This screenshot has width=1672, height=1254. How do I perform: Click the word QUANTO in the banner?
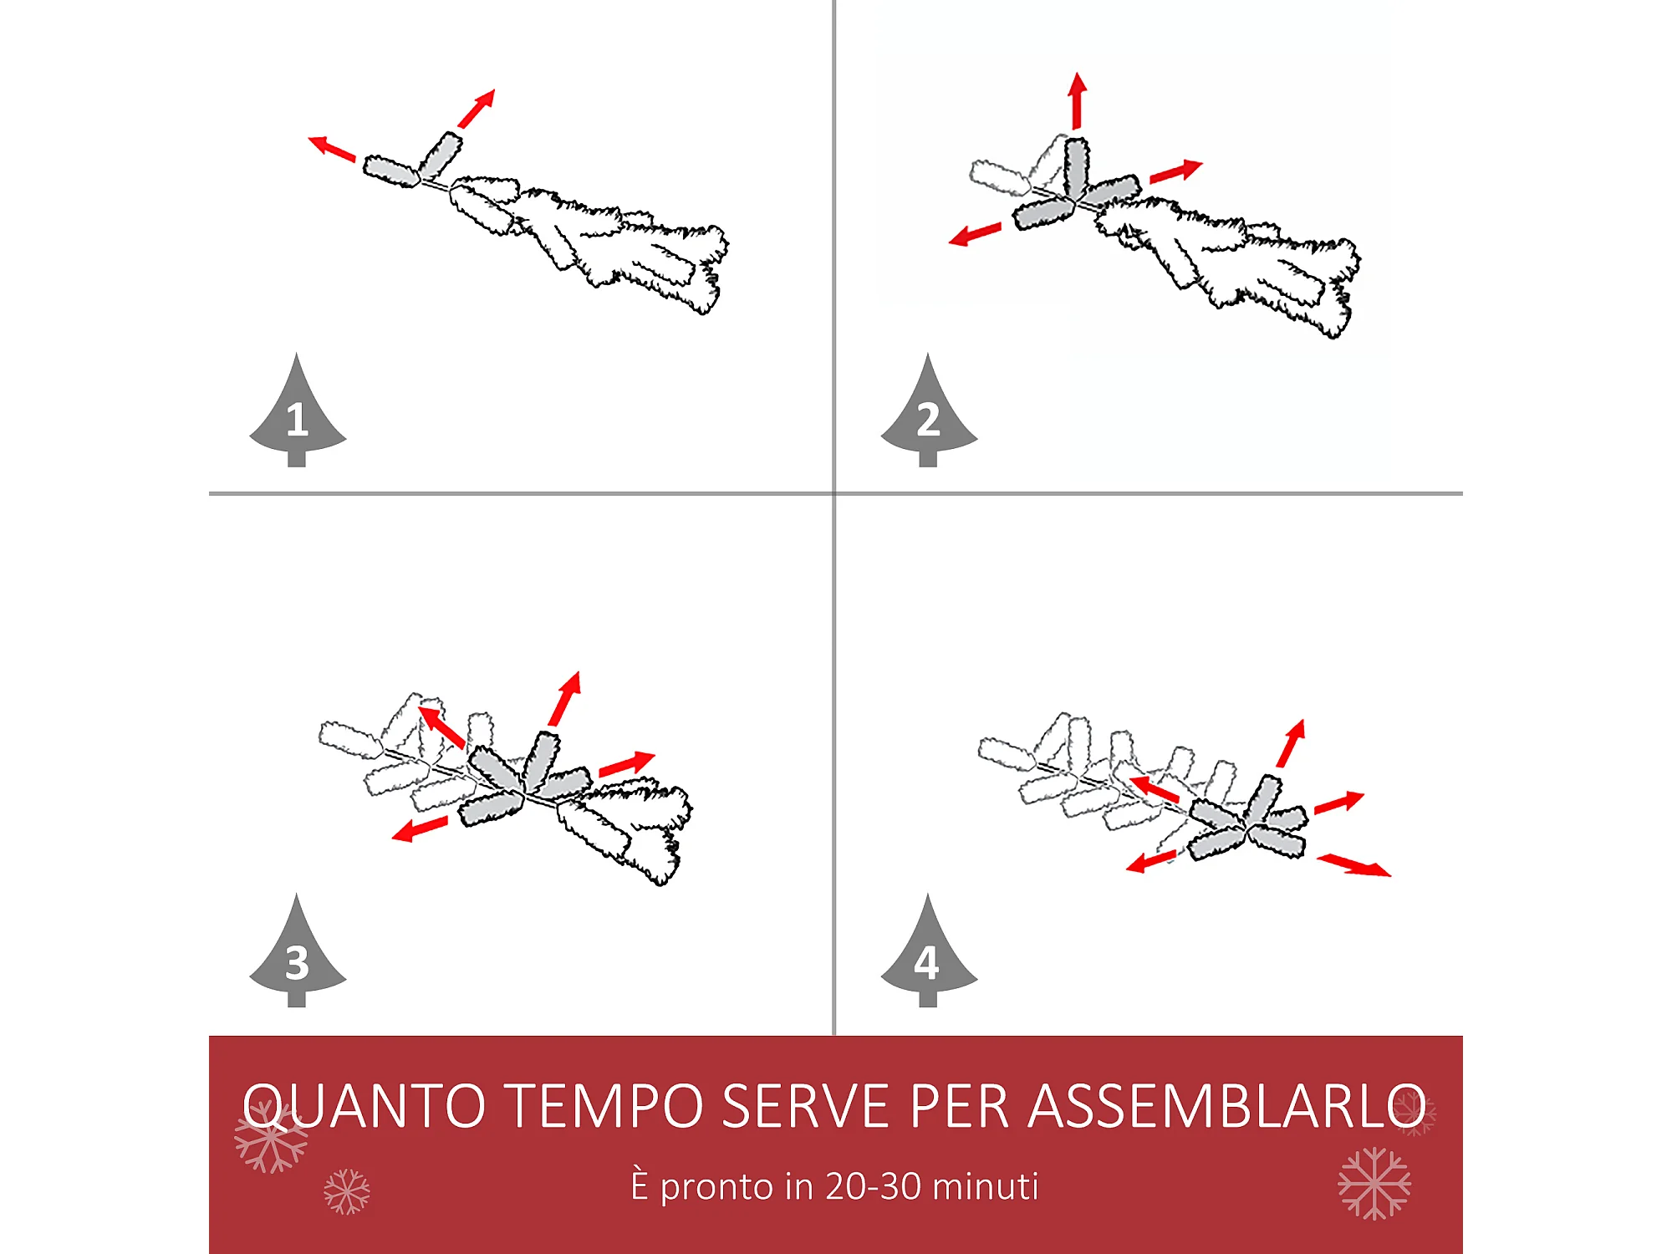point(364,1106)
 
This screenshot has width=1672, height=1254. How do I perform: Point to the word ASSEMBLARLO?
point(1227,1105)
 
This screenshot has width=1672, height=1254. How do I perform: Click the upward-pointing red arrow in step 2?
point(1078,100)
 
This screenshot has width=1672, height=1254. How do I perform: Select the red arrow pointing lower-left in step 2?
point(975,234)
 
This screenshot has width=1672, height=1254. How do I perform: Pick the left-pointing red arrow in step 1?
point(332,148)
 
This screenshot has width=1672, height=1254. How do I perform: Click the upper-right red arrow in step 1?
point(477,108)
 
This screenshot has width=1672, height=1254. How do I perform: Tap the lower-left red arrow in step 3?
point(420,828)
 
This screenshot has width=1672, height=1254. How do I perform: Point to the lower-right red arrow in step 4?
point(1354,865)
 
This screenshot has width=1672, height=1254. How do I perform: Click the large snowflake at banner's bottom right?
point(1374,1183)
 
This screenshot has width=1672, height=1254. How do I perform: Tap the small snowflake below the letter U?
point(346,1191)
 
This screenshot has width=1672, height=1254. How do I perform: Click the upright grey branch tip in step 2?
point(1076,166)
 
